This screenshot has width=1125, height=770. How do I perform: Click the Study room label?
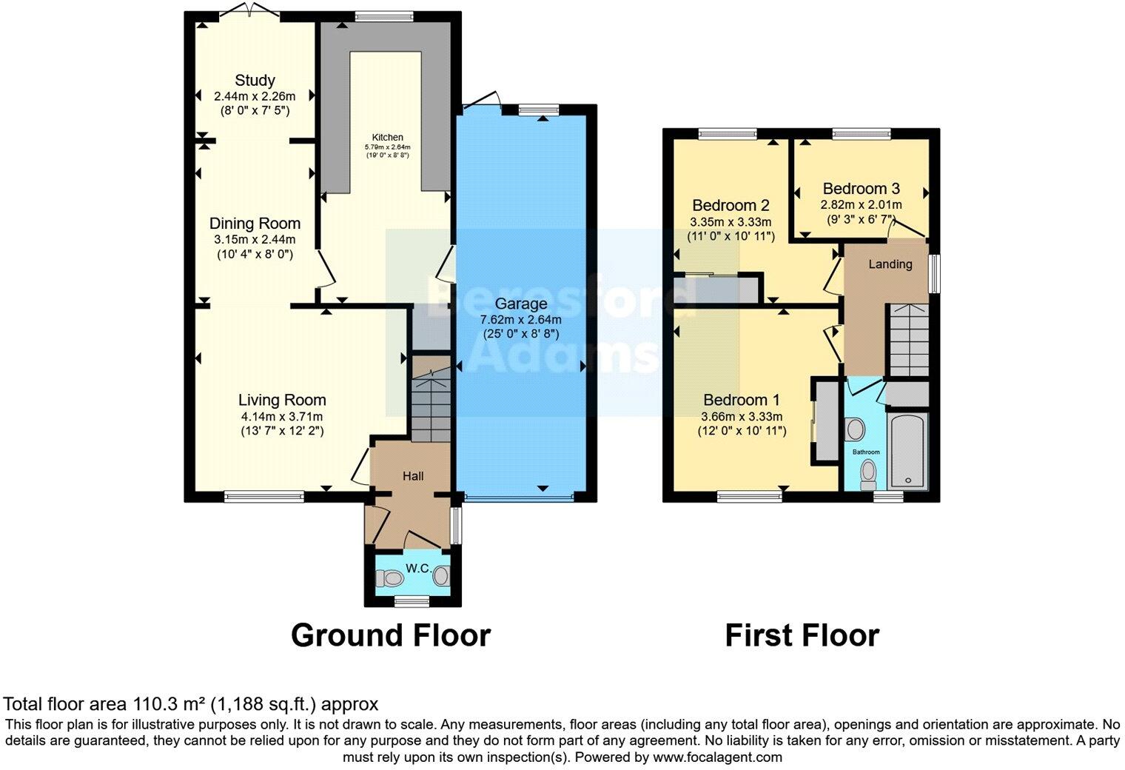pyautogui.click(x=255, y=80)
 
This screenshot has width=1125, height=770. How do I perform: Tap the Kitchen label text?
pyautogui.click(x=387, y=137)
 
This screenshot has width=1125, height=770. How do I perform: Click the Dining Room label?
pyautogui.click(x=255, y=223)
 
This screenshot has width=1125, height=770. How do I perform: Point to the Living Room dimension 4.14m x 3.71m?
pyautogui.click(x=282, y=416)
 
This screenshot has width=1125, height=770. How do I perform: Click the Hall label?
pyautogui.click(x=413, y=476)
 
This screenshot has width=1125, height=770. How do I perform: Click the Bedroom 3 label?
pyautogui.click(x=861, y=189)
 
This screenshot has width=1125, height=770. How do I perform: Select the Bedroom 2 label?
pyautogui.click(x=731, y=205)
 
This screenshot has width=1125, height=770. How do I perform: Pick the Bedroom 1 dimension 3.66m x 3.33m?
pyautogui.click(x=742, y=416)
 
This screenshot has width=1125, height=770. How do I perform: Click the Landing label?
pyautogui.click(x=890, y=264)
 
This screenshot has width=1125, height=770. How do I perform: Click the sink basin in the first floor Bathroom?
pyautogui.click(x=855, y=429)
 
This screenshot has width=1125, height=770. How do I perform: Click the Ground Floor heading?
pyautogui.click(x=390, y=635)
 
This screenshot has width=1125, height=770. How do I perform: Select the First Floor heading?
pyautogui.click(x=802, y=635)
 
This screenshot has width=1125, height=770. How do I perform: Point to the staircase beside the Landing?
pyautogui.click(x=907, y=341)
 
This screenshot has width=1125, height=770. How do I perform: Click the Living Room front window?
pyautogui.click(x=264, y=498)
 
